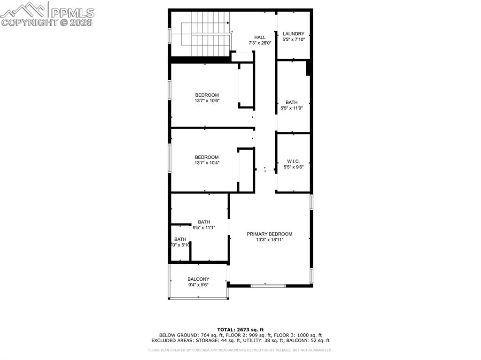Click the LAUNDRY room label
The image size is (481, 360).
(294, 34)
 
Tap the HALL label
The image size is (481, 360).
(260, 37)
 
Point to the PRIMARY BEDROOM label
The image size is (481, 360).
(270, 234)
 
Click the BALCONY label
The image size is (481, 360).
(198, 279)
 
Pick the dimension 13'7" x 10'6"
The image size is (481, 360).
(207, 100)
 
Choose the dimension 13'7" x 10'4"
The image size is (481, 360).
(207, 163)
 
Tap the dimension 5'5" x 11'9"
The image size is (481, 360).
(292, 108)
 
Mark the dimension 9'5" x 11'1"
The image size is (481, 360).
(204, 228)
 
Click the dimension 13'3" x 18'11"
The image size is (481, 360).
(270, 240)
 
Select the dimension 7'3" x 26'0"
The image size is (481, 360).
(260, 43)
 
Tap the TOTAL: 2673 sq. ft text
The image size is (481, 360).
(240, 329)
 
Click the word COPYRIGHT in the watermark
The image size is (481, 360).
(29, 22)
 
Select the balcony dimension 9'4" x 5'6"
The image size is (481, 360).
(198, 285)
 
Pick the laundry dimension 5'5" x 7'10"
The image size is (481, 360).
(294, 39)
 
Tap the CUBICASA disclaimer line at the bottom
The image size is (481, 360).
(240, 350)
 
